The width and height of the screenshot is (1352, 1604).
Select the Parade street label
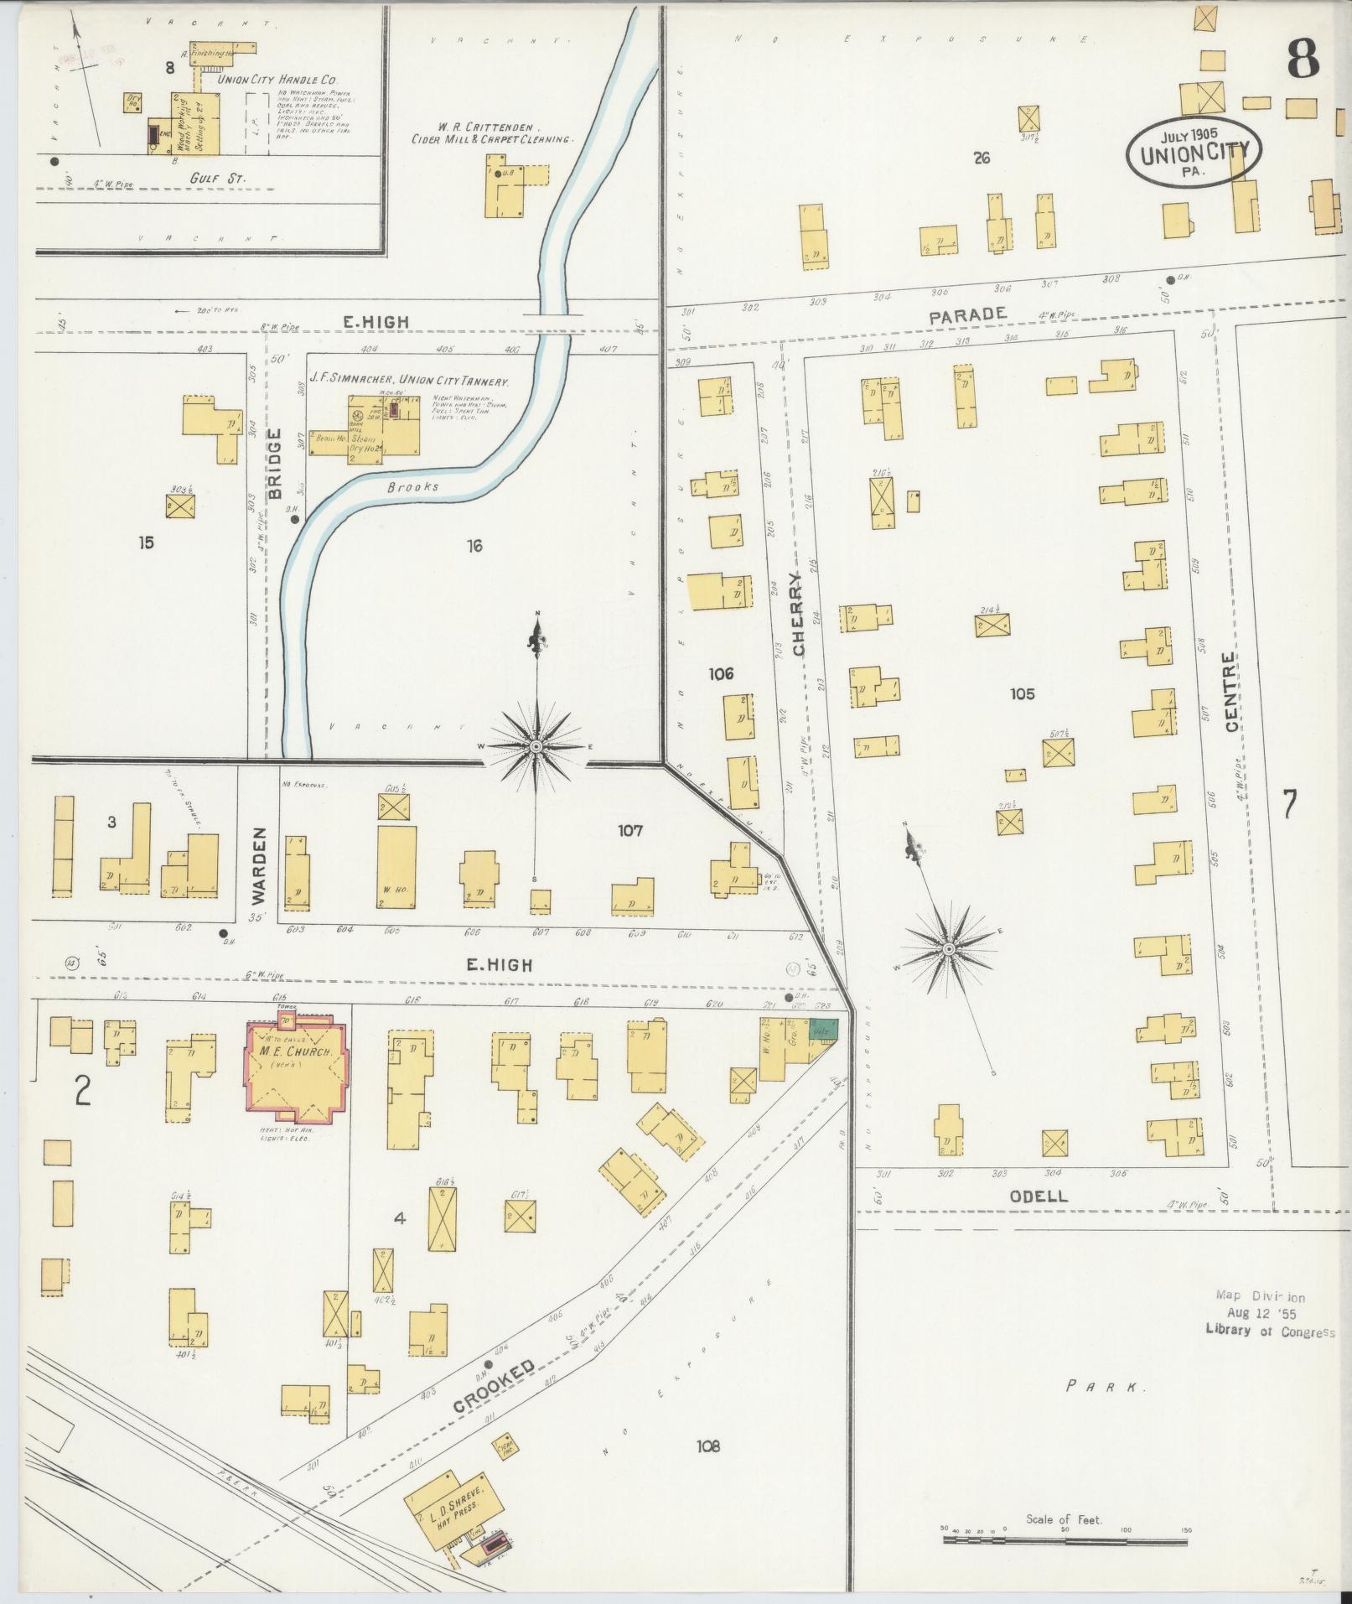point(967,314)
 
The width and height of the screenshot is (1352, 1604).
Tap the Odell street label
point(1039,1197)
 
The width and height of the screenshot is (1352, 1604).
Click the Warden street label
point(258,865)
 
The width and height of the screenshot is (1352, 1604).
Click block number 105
point(1022,693)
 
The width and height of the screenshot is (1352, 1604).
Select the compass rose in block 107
point(536,745)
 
